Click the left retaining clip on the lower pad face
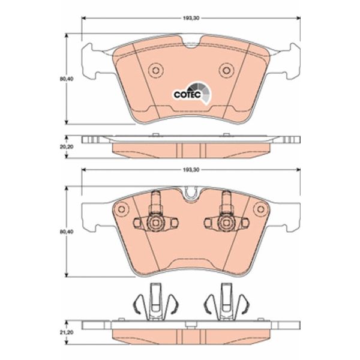[x=155, y=216]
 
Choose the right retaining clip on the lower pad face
[x=226, y=216]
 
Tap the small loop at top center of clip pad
[x=191, y=193]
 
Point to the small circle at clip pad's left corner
[x=121, y=209]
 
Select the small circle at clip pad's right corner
[x=261, y=209]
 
